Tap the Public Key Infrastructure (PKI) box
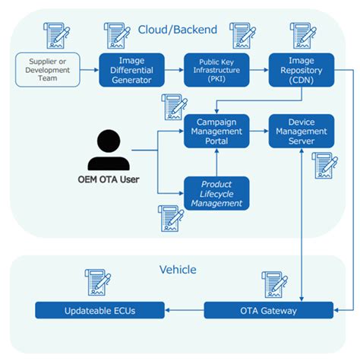(x=216, y=70)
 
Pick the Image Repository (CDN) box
(x=302, y=70)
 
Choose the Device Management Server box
(x=302, y=131)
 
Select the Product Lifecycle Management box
(x=216, y=193)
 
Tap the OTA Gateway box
(x=269, y=310)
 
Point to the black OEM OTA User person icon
(x=109, y=150)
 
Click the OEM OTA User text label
(x=109, y=180)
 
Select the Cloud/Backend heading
(x=178, y=30)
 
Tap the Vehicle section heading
(x=178, y=269)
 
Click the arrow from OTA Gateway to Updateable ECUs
(x=183, y=310)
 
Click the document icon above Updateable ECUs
(x=97, y=283)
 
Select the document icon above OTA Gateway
(x=274, y=283)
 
